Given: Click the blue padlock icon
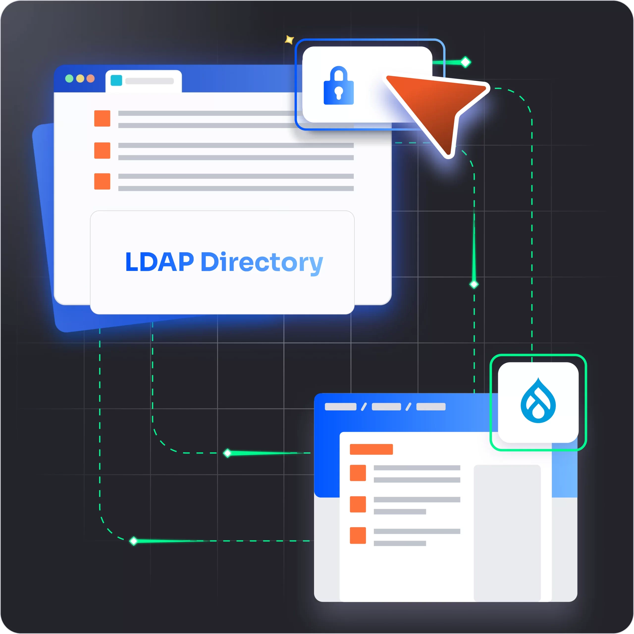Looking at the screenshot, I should point(339,86).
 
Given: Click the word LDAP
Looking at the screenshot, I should point(159,262).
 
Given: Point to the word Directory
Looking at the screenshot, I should point(262,263).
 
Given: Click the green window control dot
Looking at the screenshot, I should point(69,79).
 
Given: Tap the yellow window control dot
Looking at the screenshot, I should point(80,79).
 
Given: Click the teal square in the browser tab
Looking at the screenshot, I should point(116,80).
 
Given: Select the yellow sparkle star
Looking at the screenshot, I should point(289,40).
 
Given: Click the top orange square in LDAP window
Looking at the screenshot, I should point(102,118).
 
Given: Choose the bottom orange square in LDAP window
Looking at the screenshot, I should point(102,182).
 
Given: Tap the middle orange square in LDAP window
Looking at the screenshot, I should point(102,150).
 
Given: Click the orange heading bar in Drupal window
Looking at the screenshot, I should point(371,449).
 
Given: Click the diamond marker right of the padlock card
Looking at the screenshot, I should point(466,62).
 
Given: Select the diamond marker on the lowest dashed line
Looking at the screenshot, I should point(133,541).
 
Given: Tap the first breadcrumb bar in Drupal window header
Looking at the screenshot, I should point(340,407).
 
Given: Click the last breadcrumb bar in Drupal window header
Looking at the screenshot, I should point(431,407).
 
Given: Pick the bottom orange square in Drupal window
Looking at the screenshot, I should point(358,535).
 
